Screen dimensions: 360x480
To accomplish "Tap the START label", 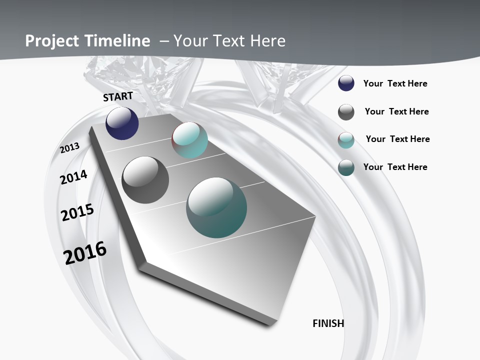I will coord(118,96).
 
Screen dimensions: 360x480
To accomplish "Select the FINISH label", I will coord(328,323).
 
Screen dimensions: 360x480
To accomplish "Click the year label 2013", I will coord(70,147).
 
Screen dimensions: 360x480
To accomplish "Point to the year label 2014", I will coord(74,177).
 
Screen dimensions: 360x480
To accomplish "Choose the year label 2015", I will coord(77,212).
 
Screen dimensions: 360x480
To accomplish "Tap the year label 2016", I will coord(85,252).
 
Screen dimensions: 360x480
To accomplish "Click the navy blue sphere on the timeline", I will coord(122,123).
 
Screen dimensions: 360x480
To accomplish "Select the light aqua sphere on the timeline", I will coord(189,140).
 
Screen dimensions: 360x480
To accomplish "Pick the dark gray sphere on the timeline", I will coord(145,180).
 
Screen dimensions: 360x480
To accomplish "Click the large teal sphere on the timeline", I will coord(216,207).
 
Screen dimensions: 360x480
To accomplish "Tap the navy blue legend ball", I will coord(346,83).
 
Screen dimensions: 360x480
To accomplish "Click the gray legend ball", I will coord(346,112).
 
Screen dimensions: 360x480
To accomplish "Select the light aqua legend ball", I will coord(346,140).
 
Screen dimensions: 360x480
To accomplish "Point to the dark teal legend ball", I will coord(346,167).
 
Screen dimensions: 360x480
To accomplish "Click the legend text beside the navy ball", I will coord(395,83).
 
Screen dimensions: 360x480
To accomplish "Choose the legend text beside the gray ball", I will coord(396,111).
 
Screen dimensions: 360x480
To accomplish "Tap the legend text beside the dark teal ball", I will coord(395,167).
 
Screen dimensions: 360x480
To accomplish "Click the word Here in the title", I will coord(267,41).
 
